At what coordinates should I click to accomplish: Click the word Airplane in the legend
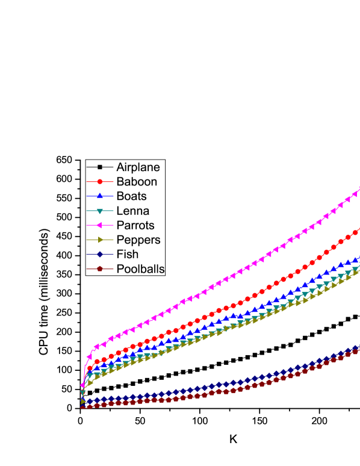click(138, 167)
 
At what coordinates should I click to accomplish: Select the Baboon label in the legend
click(137, 181)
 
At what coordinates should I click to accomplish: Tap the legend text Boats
click(131, 196)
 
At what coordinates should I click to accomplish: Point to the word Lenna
click(132, 210)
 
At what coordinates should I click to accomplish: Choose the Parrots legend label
click(135, 225)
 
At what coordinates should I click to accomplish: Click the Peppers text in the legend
click(138, 240)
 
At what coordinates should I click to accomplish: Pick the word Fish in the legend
click(127, 254)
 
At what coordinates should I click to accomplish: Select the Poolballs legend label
click(140, 269)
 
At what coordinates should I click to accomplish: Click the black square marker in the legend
click(101, 167)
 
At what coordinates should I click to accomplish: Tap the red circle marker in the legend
click(101, 181)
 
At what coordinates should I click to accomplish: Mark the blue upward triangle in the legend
click(101, 196)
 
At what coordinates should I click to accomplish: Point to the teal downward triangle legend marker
click(101, 211)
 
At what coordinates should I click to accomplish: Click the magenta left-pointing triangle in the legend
click(101, 225)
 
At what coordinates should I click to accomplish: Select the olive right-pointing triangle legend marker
click(101, 240)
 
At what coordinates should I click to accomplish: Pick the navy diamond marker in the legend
click(101, 254)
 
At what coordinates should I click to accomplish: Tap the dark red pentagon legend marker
click(101, 269)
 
